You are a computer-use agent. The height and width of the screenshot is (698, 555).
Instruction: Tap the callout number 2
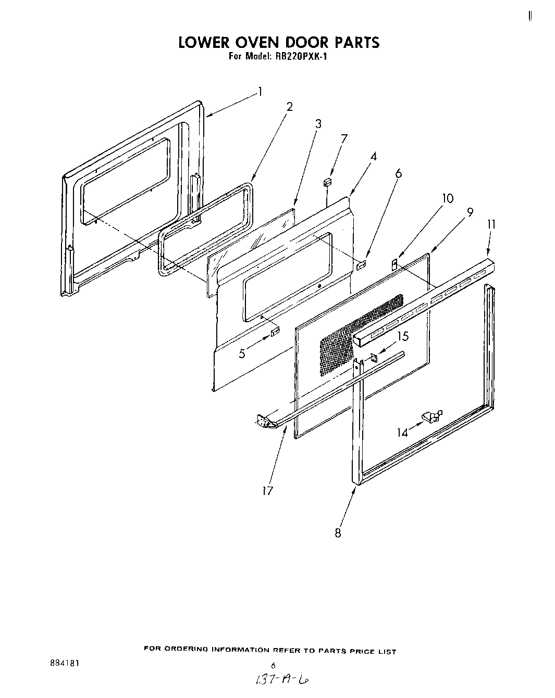290,107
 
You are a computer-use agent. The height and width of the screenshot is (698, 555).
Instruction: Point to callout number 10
448,198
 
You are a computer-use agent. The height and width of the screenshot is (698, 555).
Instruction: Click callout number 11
491,224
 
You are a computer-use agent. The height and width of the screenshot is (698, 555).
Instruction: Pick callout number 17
267,490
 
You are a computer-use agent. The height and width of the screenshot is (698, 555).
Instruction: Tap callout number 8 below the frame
338,533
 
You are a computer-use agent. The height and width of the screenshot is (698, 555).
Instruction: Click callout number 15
403,336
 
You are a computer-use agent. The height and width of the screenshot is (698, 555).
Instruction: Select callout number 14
402,432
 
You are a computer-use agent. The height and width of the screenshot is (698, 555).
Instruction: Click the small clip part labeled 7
327,182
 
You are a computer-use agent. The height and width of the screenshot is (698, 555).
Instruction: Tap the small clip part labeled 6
361,265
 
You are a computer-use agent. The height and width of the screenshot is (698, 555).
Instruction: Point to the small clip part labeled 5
275,332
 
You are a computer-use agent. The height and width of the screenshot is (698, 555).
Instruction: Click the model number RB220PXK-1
299,57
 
